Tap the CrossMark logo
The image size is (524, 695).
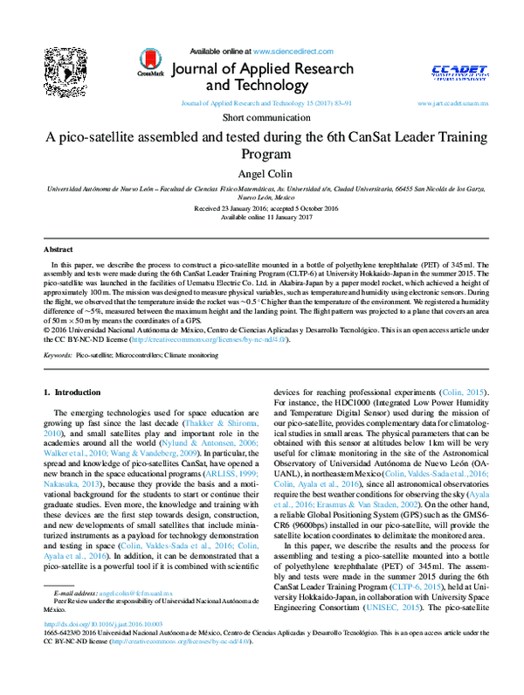(150, 62)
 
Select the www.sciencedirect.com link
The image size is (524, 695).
(286, 52)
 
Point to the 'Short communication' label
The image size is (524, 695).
(261, 117)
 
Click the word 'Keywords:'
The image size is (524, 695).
(58, 356)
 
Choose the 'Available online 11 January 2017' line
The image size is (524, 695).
(261, 219)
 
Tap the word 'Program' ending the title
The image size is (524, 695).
(261, 154)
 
